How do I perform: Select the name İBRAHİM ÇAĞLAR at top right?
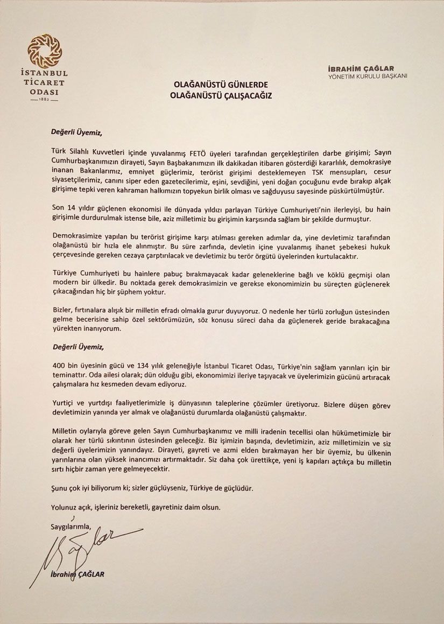tap(361, 68)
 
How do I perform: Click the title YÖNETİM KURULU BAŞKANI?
tap(368, 76)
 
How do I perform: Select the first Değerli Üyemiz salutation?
tap(76, 131)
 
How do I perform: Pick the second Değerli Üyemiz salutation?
tap(76, 348)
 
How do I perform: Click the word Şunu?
tap(60, 488)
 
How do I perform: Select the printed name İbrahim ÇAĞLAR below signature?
tap(77, 574)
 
